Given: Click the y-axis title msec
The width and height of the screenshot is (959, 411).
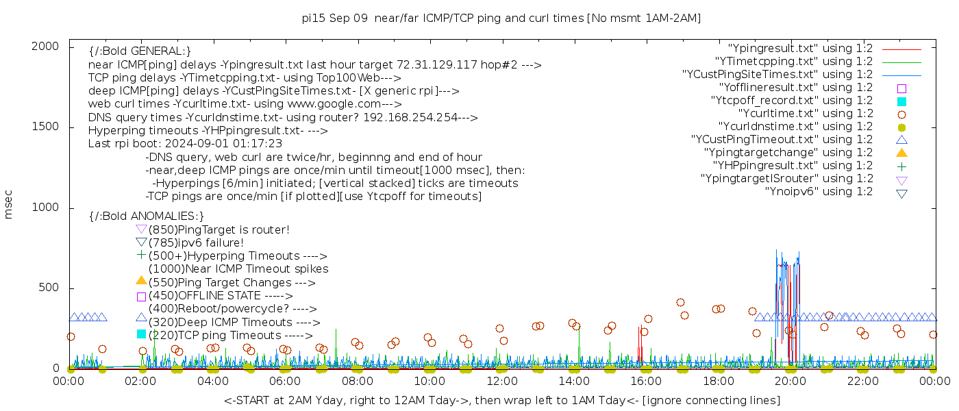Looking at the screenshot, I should tap(9, 204).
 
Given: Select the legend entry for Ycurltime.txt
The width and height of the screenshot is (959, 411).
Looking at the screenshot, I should tap(805, 114).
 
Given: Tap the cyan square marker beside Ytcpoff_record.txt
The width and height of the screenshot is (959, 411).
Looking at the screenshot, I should tap(901, 101).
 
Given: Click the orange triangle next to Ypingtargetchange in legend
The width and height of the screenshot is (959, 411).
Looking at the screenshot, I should tap(901, 153).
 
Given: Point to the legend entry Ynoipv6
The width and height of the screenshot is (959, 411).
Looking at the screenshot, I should tap(819, 192).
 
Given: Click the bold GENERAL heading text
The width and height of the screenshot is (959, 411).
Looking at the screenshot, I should tap(140, 51).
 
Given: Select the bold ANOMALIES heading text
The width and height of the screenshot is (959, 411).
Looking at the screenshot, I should tap(147, 216).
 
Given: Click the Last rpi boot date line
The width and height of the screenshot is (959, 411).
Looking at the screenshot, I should tap(185, 144).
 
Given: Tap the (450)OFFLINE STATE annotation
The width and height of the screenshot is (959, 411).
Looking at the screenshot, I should tap(220, 296).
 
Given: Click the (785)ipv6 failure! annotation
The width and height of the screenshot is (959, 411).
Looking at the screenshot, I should tap(196, 243).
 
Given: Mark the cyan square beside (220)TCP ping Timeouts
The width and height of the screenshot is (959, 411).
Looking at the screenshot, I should tap(142, 334).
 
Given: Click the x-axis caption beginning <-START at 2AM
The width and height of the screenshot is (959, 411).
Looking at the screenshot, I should tap(501, 400).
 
